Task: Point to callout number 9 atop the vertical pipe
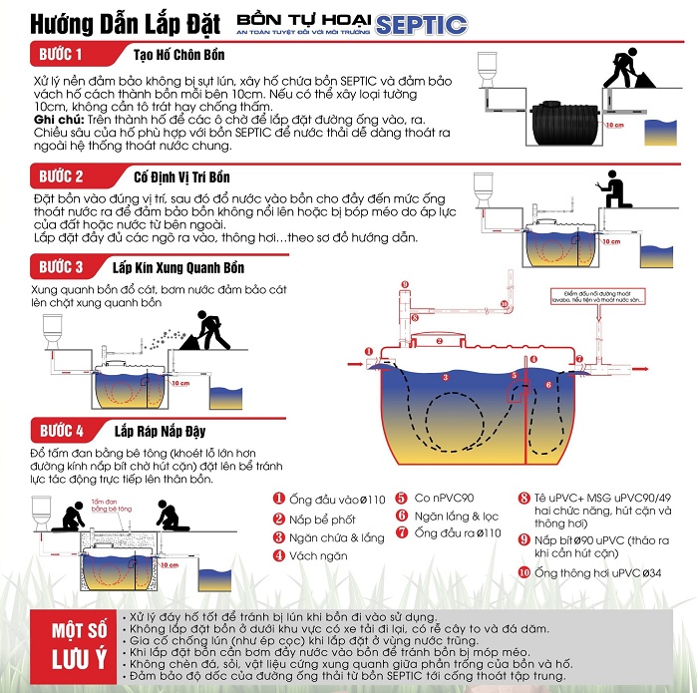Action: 404,284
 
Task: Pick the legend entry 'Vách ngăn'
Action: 314,556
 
